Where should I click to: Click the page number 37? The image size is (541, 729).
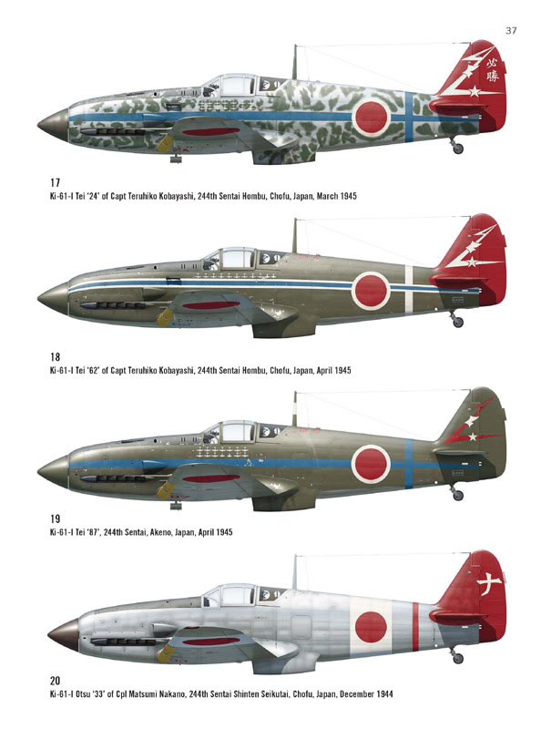point(511,31)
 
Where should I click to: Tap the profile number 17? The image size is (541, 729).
point(55,183)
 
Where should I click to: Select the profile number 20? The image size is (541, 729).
point(55,681)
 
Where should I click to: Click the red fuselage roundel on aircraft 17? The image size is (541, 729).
point(372,117)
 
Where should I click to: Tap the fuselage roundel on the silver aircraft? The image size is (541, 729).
point(371,627)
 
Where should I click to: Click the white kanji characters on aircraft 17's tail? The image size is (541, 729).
point(492,69)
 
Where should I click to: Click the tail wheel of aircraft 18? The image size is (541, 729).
point(458,322)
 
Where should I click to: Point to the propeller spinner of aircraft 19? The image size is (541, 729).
point(54,469)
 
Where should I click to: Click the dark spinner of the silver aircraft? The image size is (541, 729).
point(63,634)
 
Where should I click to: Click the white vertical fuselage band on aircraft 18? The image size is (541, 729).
point(409,289)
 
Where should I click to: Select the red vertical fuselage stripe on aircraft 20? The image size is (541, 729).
point(415,626)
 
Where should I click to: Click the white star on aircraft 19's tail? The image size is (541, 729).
point(472,437)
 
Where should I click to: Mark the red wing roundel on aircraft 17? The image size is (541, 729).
point(209,132)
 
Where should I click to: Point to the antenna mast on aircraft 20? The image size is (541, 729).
point(295,572)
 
